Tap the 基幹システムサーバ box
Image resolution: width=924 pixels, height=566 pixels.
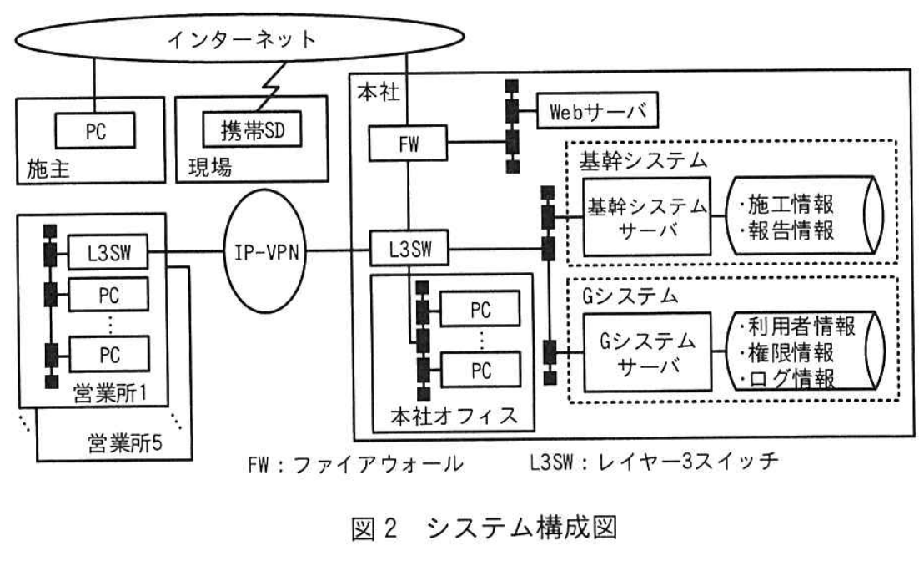(x=647, y=217)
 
